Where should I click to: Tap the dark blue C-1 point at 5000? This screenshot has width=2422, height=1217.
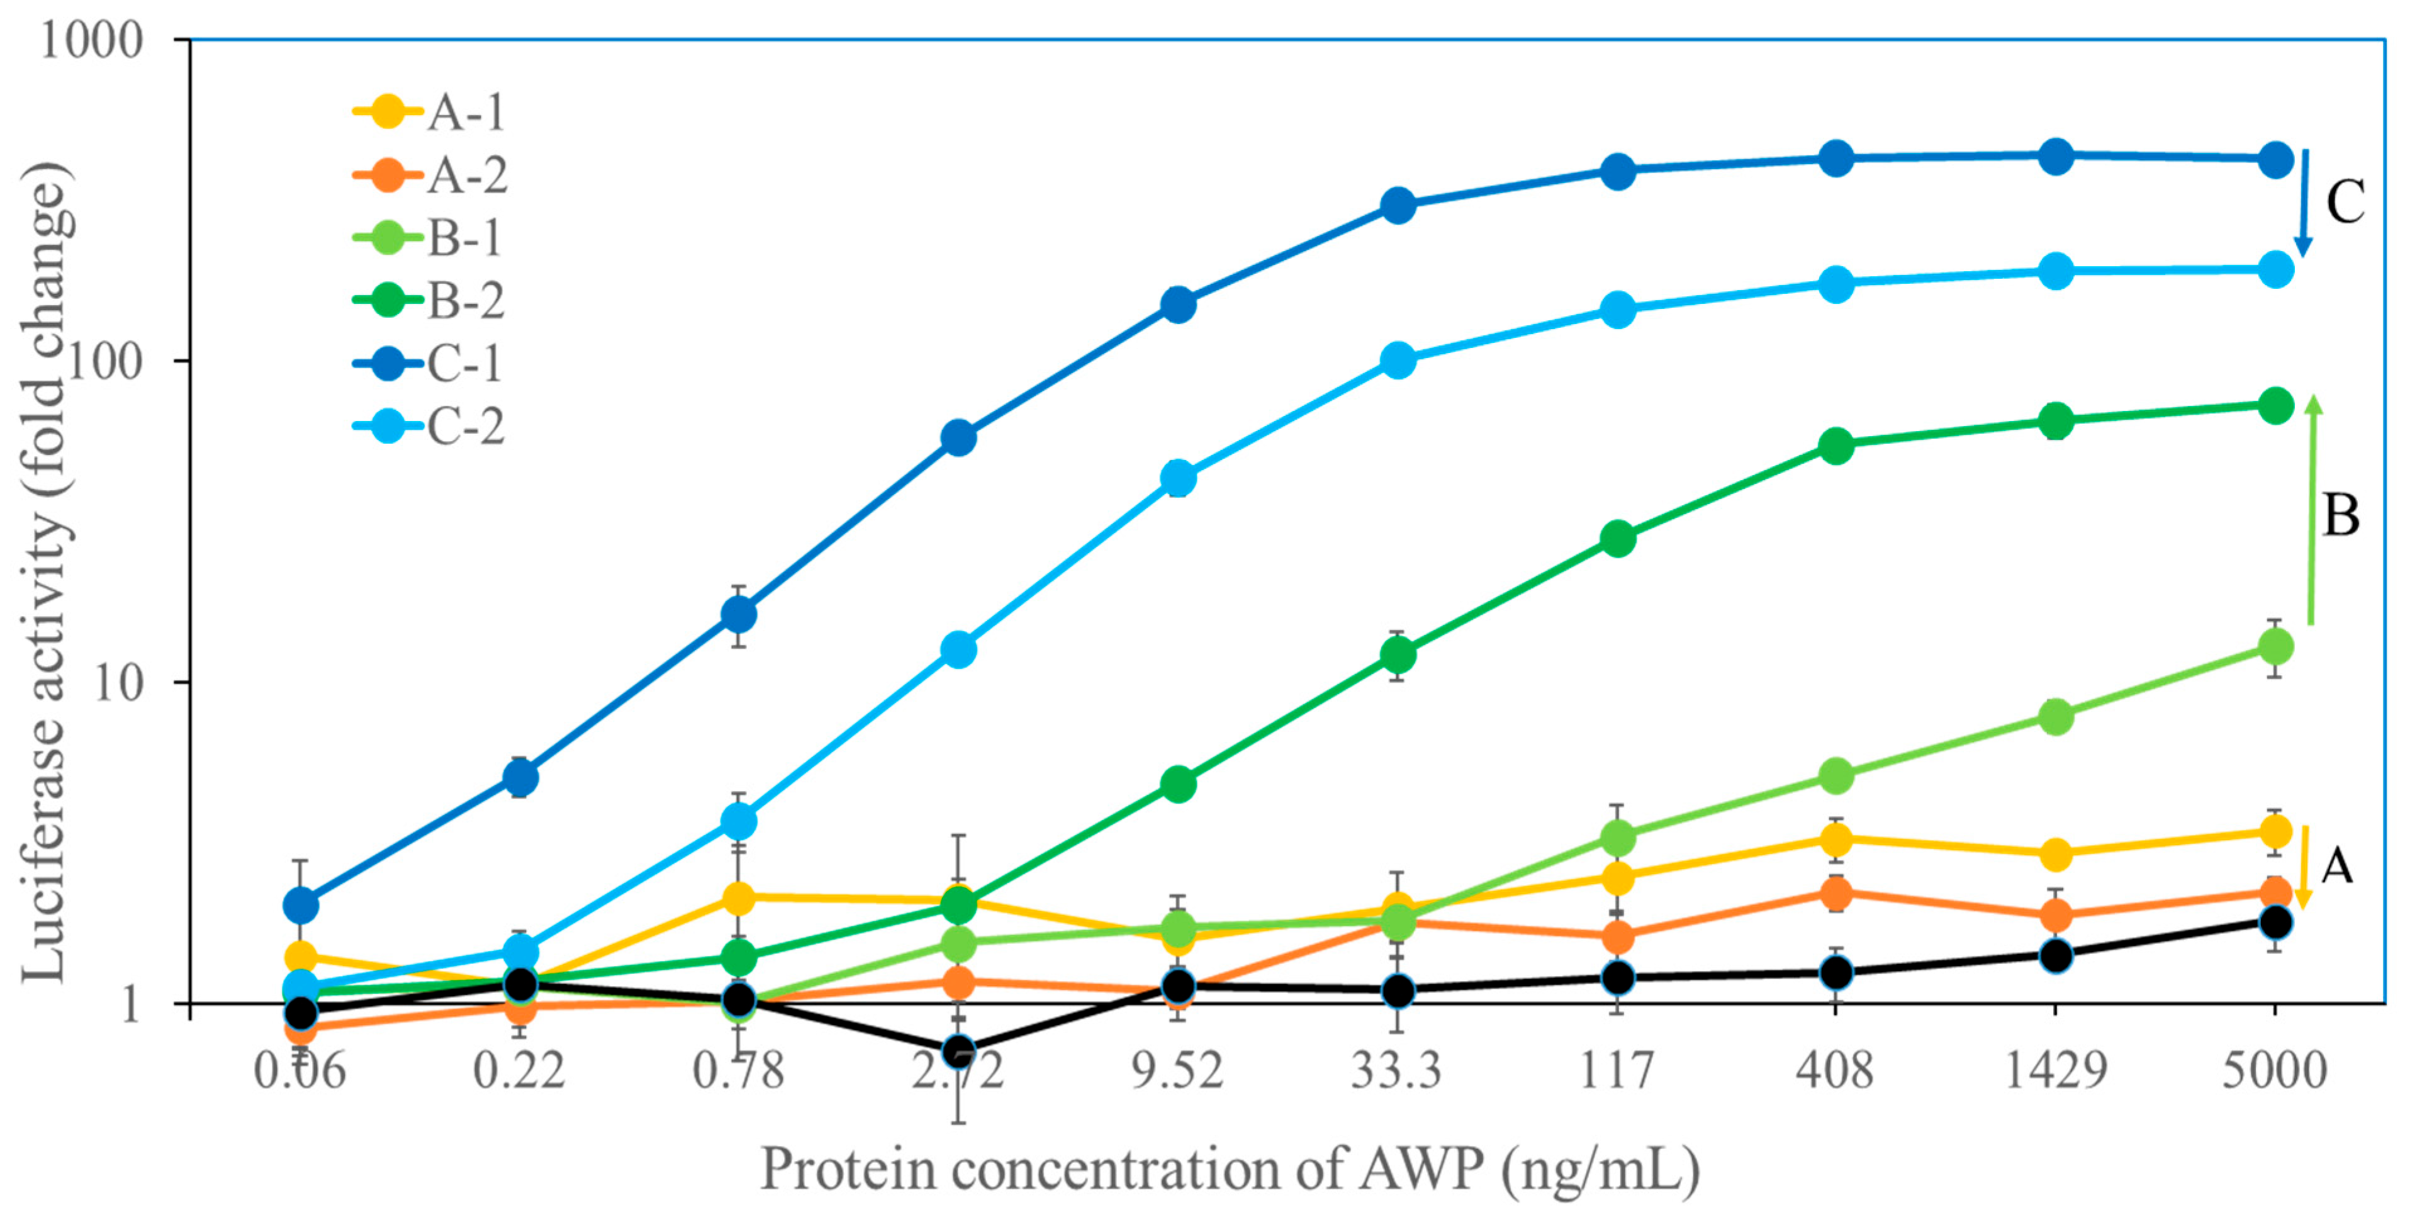tap(2274, 159)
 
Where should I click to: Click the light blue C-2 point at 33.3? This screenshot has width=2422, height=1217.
tap(1397, 359)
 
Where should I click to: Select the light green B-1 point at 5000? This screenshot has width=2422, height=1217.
tap(2274, 646)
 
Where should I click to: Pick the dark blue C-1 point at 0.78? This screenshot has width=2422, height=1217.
tap(739, 615)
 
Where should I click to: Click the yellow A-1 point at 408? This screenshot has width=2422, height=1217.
tap(1836, 838)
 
